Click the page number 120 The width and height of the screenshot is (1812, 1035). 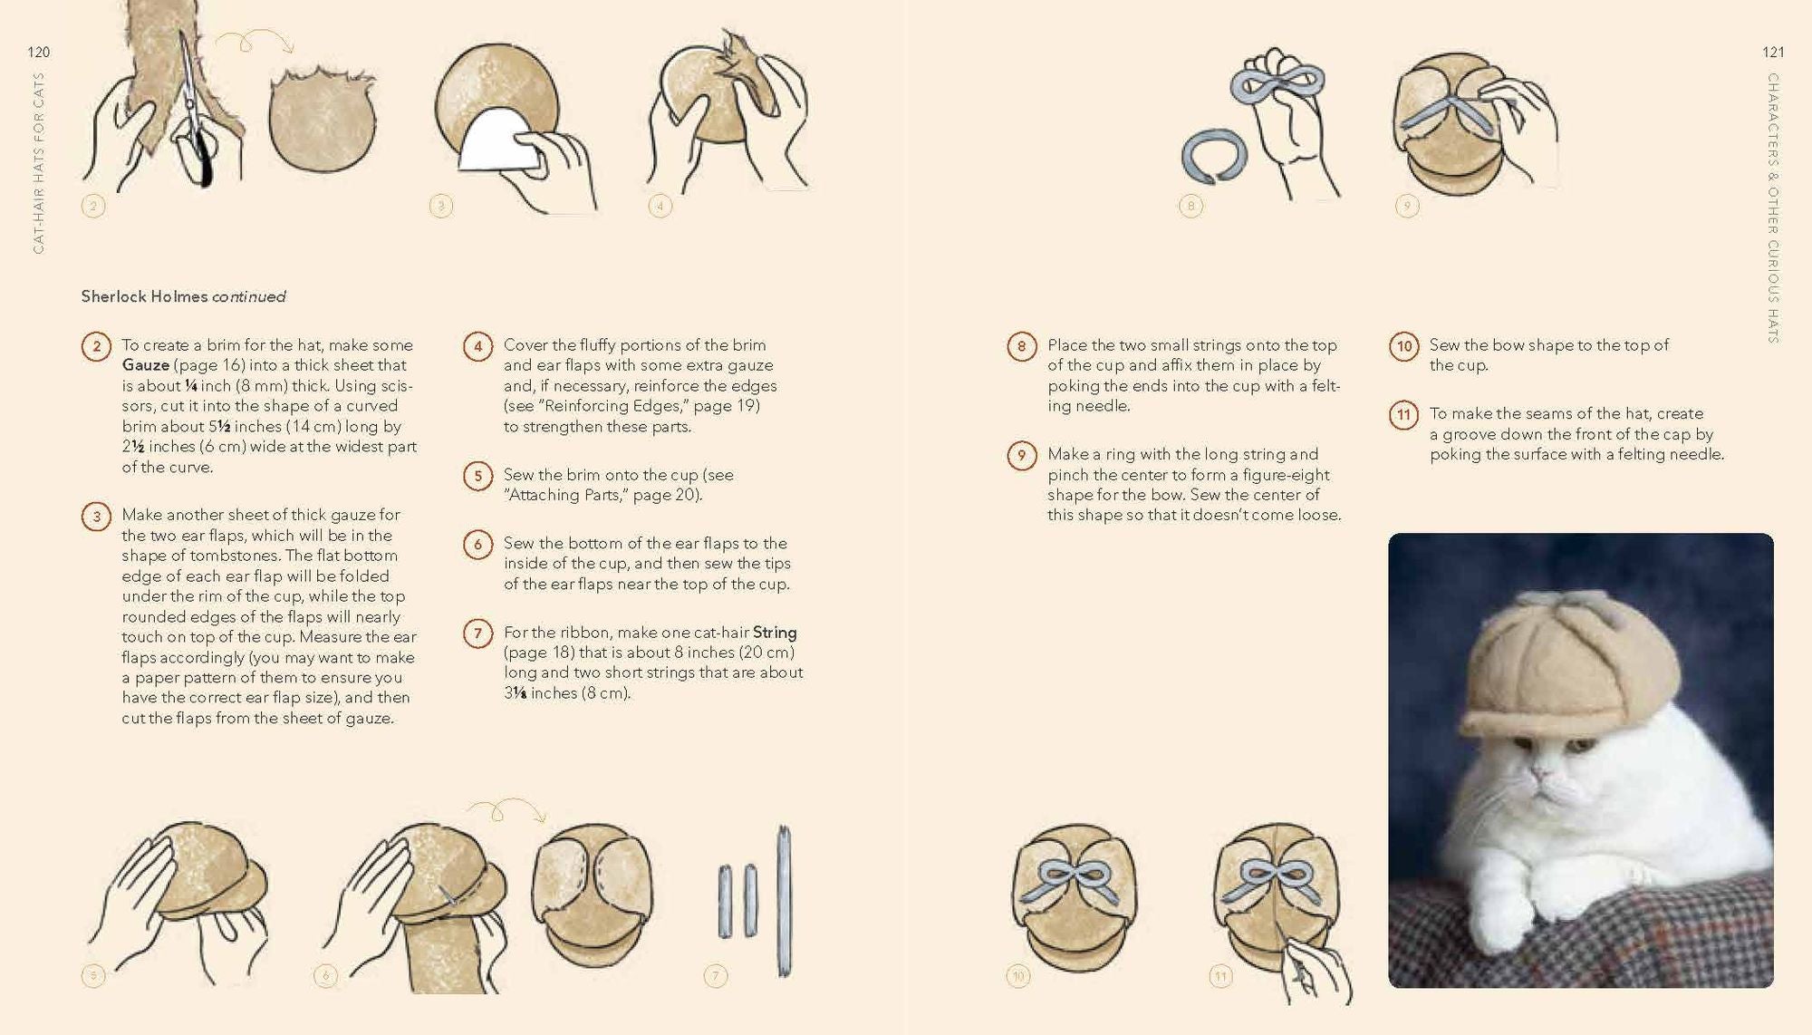pos(39,53)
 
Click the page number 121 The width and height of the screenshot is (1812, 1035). pos(1773,53)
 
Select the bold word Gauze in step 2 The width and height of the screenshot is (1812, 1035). pos(146,365)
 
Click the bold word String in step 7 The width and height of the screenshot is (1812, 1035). pos(775,633)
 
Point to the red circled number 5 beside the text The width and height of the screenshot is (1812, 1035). pos(477,476)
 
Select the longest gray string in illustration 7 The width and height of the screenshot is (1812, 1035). pos(785,901)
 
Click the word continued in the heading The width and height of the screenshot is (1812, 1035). pos(249,297)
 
